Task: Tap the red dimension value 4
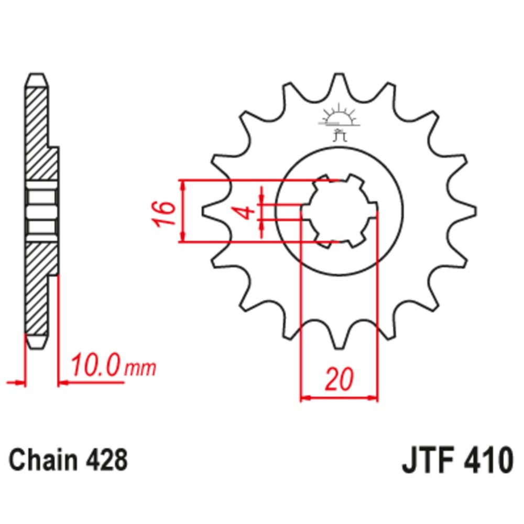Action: tap(245, 213)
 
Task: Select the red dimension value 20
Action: tap(339, 379)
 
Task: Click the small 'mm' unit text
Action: tap(140, 368)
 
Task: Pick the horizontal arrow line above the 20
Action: tap(339, 398)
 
